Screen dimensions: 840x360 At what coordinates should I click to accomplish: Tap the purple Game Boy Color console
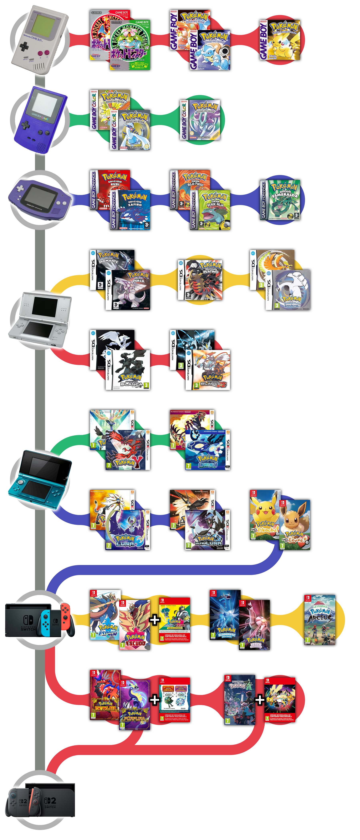(x=41, y=119)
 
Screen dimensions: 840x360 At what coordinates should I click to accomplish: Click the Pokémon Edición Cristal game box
(x=200, y=120)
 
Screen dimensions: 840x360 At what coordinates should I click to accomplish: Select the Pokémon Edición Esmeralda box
(x=280, y=200)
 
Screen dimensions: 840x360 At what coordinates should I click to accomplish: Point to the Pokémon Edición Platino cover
(x=200, y=280)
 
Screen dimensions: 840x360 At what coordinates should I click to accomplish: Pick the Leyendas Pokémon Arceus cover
(x=320, y=620)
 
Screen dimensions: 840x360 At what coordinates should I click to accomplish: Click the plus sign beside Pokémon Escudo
(x=155, y=620)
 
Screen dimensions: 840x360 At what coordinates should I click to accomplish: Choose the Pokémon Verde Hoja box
(x=210, y=210)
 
